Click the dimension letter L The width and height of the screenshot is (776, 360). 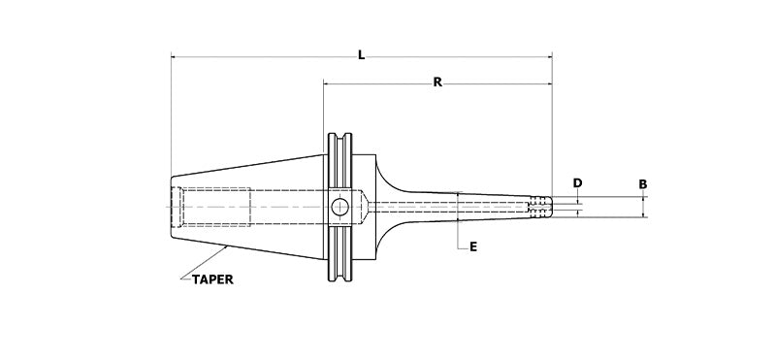(361, 55)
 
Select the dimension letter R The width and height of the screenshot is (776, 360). (437, 82)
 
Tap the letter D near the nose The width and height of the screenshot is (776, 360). (577, 182)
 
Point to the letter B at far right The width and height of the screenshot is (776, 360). (642, 182)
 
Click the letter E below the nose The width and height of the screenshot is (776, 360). (472, 247)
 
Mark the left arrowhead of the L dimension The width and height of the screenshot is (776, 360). (176, 58)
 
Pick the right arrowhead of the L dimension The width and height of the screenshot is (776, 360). (547, 58)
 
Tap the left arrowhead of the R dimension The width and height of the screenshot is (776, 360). (328, 85)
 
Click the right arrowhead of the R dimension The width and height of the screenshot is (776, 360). (547, 85)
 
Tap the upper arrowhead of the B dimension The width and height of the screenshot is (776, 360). (642, 198)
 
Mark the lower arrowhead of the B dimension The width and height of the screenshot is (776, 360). (642, 213)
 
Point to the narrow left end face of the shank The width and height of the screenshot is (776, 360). (172, 206)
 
